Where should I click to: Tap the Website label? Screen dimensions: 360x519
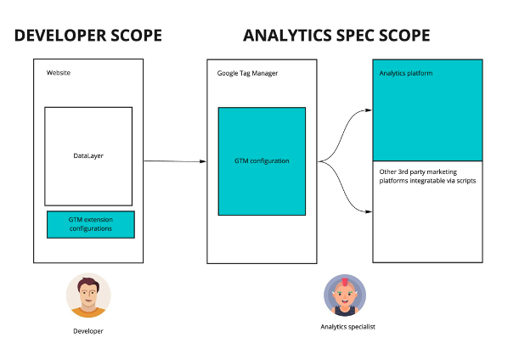pos(59,73)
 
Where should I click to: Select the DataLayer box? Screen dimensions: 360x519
pos(88,156)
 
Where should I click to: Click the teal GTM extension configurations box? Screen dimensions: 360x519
pos(90,224)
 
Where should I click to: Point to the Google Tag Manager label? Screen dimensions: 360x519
pos(247,73)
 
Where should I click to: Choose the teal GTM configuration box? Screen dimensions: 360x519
pos(262,160)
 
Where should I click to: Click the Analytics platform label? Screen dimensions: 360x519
pos(406,74)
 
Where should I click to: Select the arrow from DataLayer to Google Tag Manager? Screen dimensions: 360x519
pos(174,160)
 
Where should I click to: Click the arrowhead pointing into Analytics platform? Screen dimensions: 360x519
pos(368,110)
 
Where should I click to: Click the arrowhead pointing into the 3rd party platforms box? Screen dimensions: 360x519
pos(368,212)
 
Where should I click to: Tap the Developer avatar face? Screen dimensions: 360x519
pos(88,294)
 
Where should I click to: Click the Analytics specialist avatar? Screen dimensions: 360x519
pos(345,296)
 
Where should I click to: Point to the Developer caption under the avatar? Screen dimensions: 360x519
pos(88,331)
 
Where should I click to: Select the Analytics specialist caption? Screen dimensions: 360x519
pos(347,327)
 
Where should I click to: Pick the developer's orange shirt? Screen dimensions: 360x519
pos(88,312)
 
